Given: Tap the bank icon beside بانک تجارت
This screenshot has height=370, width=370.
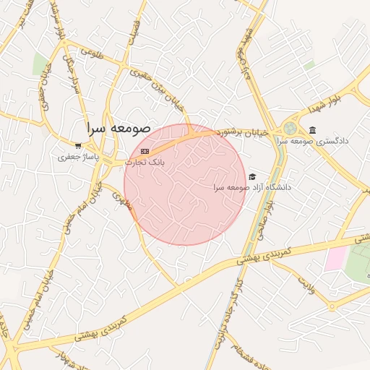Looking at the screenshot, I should (x=145, y=151).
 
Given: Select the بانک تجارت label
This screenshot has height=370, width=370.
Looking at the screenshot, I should (x=145, y=162).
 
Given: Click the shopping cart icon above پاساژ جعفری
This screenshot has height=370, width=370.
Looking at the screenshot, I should (x=78, y=146).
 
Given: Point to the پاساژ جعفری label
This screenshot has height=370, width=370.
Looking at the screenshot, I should (x=77, y=156).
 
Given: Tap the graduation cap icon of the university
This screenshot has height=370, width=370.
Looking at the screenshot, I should (x=252, y=176).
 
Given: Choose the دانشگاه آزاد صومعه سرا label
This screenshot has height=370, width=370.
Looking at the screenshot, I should (x=252, y=186).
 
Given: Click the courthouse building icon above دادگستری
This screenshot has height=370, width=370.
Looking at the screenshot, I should (x=312, y=130).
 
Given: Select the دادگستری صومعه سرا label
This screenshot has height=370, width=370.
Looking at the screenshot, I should (x=314, y=140).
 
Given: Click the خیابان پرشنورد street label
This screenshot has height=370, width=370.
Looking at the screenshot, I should (x=244, y=132).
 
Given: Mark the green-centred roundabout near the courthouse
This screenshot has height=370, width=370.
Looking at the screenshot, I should (x=290, y=129).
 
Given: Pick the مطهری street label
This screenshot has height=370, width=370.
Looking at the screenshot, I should (x=121, y=200).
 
